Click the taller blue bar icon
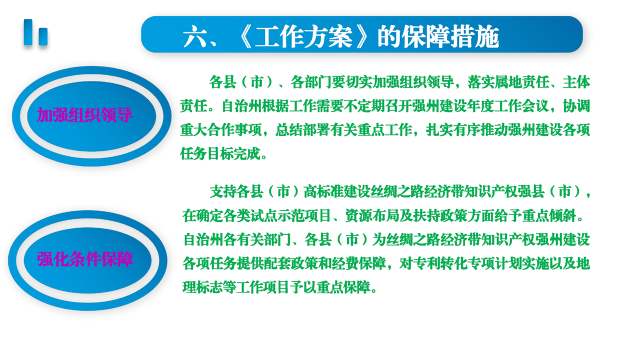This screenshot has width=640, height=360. click(28, 32)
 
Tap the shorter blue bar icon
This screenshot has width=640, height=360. click(43, 36)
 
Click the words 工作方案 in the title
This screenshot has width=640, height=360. click(303, 36)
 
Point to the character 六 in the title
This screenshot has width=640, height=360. click(194, 36)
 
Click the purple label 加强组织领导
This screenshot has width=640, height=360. click(84, 115)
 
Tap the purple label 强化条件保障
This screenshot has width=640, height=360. click(85, 259)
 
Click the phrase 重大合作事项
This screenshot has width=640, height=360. click(221, 130)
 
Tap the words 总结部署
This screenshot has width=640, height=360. click(303, 130)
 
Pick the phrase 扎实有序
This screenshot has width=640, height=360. click(453, 130)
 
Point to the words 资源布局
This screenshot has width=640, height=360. click(372, 215)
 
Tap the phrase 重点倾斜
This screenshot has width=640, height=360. click(549, 215)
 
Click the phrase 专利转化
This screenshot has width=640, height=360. click(440, 263)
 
